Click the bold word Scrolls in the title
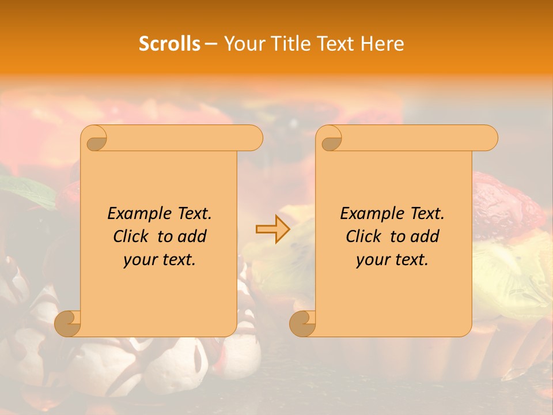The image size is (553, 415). (x=169, y=44)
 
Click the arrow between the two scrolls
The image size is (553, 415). (x=272, y=229)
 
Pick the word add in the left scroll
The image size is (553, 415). (x=192, y=236)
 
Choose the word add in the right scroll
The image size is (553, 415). (x=425, y=236)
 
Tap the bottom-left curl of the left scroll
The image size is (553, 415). (x=68, y=323)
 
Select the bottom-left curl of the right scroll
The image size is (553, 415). (x=303, y=323)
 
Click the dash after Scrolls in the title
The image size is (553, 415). (x=211, y=44)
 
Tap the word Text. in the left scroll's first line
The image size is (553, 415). (x=192, y=213)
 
